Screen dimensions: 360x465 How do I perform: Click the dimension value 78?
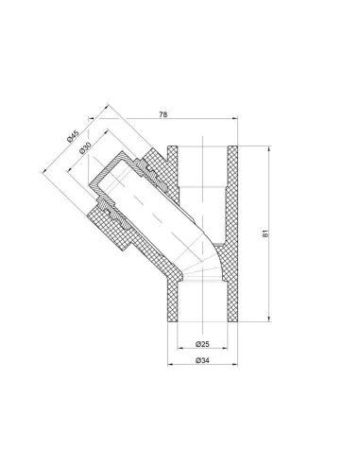pyautogui.click(x=163, y=114)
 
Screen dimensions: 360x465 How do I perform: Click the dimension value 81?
pyautogui.click(x=266, y=233)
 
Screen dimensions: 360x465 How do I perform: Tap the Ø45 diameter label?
pyautogui.click(x=73, y=136)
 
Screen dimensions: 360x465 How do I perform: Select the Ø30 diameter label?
pyautogui.click(x=85, y=147)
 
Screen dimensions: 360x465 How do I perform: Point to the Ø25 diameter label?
pyautogui.click(x=202, y=344)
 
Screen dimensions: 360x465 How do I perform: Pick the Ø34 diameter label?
pyautogui.click(x=202, y=360)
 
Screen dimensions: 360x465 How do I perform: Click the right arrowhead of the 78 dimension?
pyautogui.click(x=235, y=118)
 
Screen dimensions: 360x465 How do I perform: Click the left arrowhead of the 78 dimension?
pyautogui.click(x=91, y=118)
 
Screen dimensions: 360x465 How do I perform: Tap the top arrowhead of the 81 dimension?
pyautogui.click(x=269, y=148)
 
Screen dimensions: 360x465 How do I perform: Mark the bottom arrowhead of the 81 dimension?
pyautogui.click(x=269, y=319)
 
